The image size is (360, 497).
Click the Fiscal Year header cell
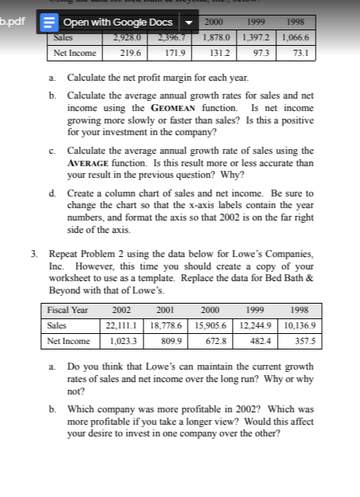click(68, 309)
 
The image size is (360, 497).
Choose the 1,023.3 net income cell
click(126, 340)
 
